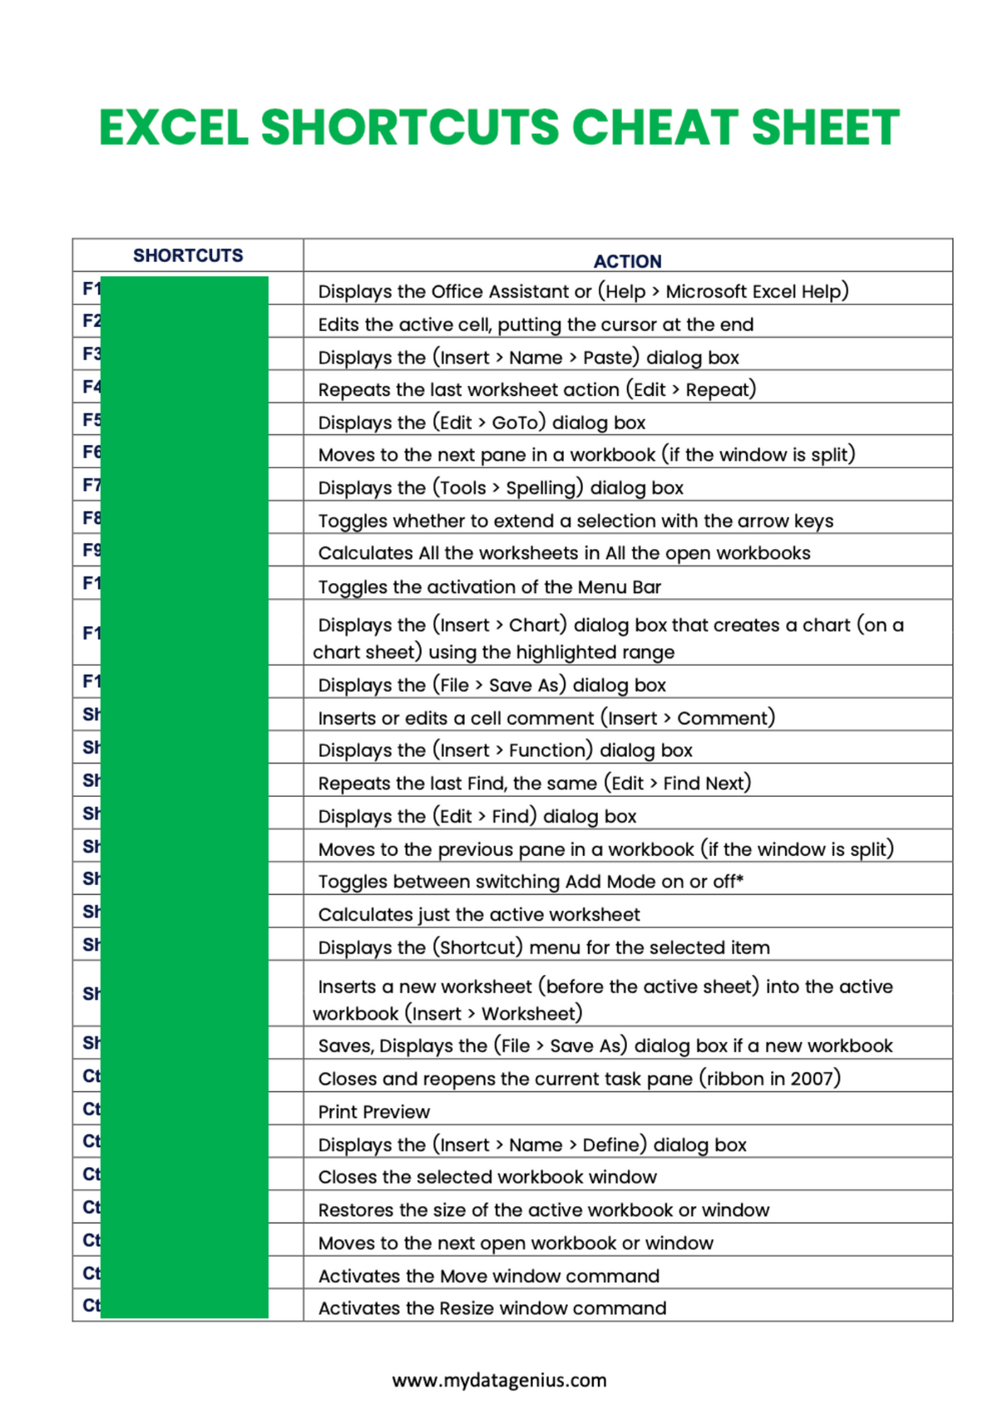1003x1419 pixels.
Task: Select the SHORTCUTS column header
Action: click(x=188, y=255)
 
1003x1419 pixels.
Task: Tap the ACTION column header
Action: click(x=627, y=261)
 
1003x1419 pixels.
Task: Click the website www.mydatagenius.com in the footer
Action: click(x=499, y=1380)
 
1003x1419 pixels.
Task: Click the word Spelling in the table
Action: click(x=541, y=487)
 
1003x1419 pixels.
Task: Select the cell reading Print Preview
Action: click(x=374, y=1111)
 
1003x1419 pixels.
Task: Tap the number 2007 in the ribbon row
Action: click(x=812, y=1078)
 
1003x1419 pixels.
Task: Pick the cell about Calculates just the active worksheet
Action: click(x=479, y=914)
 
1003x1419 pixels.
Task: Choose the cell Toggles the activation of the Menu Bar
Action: click(x=489, y=586)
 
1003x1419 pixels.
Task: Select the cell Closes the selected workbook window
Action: click(x=487, y=1177)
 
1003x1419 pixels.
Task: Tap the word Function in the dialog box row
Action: click(x=549, y=750)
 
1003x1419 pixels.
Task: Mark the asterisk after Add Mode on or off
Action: click(x=740, y=878)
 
